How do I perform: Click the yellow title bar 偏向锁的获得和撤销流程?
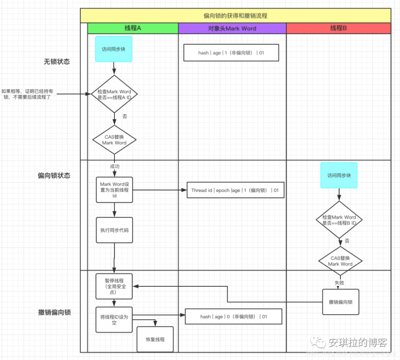click(x=235, y=16)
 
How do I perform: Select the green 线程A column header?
click(x=132, y=28)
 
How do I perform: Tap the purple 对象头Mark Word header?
click(x=232, y=28)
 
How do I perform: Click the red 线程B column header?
click(x=338, y=28)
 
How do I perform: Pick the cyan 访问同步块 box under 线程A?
click(x=114, y=49)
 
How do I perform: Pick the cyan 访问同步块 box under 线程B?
click(x=339, y=175)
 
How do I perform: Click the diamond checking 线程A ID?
click(x=114, y=94)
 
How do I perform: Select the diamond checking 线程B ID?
click(x=339, y=220)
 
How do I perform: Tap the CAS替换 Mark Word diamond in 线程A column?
click(x=114, y=140)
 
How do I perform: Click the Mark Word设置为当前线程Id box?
click(x=114, y=190)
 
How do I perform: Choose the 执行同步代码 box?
click(x=114, y=230)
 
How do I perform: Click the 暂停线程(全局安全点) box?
click(x=114, y=286)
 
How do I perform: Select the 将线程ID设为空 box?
click(x=114, y=320)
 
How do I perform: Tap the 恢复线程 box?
click(x=155, y=339)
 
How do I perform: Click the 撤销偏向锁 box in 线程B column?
click(x=341, y=302)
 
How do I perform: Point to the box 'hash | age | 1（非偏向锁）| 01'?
click(x=231, y=53)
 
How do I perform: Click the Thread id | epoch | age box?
click(x=235, y=190)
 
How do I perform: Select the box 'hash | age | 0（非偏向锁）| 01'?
click(x=234, y=316)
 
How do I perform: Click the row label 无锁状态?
click(x=57, y=62)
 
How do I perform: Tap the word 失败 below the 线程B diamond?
click(x=339, y=282)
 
